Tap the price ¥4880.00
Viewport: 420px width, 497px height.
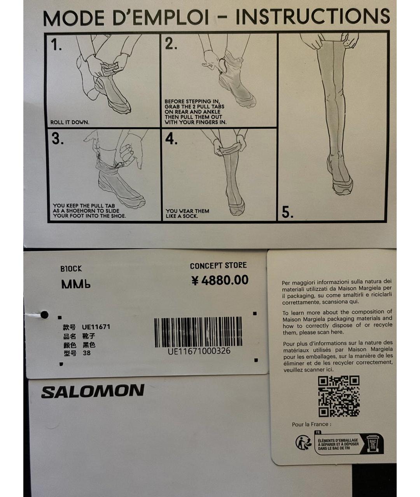(220, 280)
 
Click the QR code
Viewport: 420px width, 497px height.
(339, 396)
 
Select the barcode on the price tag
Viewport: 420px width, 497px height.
(198, 332)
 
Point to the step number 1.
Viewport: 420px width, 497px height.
(56, 45)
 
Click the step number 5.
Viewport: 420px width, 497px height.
(287, 212)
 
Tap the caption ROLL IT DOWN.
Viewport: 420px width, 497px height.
(70, 122)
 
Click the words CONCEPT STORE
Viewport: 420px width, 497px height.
(218, 266)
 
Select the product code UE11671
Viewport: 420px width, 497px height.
(96, 327)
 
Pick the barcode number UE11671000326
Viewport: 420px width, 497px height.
(199, 351)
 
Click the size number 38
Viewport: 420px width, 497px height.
(87, 353)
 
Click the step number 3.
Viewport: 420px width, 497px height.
(58, 139)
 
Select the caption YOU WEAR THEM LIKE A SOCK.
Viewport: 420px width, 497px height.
(187, 213)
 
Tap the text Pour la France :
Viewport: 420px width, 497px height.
(311, 424)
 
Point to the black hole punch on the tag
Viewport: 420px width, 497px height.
(45, 314)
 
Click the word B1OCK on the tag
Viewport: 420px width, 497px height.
(71, 269)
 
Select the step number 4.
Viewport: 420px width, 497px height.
(171, 139)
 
